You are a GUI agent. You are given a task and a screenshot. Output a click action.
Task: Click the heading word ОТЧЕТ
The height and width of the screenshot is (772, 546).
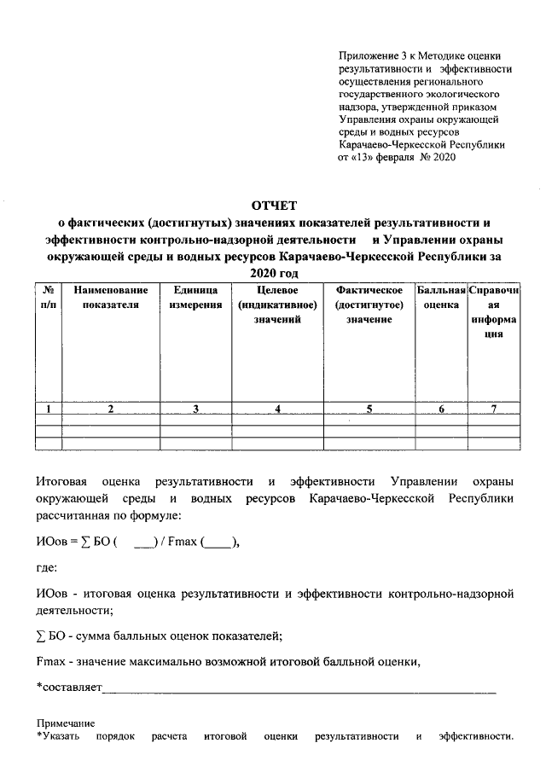272,205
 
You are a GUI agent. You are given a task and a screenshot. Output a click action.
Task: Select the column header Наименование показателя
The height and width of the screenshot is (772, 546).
110,298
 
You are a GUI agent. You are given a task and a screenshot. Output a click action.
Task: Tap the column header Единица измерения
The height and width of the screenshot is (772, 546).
195,298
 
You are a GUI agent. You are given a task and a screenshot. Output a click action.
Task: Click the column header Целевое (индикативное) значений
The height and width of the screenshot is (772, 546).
278,305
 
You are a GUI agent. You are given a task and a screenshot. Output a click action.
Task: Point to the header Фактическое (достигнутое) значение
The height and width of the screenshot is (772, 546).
369,305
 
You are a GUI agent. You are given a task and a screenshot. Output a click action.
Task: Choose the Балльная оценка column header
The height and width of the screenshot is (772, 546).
441,298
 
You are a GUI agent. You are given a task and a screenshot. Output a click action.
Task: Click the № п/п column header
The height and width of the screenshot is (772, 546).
49,298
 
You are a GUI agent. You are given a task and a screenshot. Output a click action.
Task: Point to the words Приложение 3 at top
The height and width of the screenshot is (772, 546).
369,55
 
